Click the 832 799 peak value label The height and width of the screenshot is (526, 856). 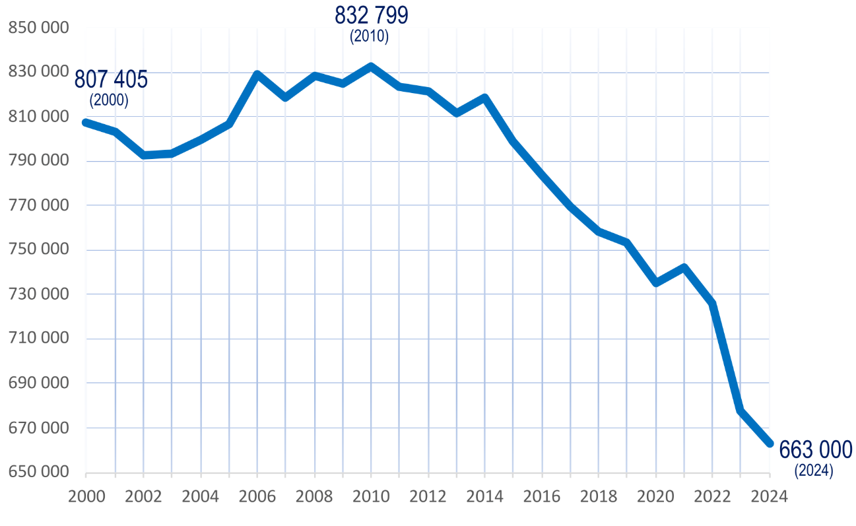pos(371,15)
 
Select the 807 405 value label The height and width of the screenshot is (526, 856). pos(111,79)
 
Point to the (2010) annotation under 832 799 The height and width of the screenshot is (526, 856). pos(370,37)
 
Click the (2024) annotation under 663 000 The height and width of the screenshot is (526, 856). pos(814,471)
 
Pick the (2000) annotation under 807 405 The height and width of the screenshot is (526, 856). pos(109,101)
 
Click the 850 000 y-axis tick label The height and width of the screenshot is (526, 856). pos(38,28)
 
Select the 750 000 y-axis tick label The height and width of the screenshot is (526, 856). pos(38,251)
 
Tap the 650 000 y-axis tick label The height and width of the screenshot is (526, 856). pos(38,473)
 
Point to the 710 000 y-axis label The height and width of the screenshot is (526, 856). pos(38,339)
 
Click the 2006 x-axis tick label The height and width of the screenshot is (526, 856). pos(257,496)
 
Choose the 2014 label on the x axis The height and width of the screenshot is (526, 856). pos(484,496)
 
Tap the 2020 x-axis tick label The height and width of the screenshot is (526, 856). pos(655,496)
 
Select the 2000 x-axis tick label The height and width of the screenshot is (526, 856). pos(86,496)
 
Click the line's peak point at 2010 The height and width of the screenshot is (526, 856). pos(371,67)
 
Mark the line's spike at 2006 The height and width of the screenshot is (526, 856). pos(257,74)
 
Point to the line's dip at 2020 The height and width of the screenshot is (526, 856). pos(656,282)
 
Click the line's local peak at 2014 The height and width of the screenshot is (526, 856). pos(485,98)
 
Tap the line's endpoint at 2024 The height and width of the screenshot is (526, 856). pos(770,444)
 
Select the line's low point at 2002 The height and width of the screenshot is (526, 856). pos(143,155)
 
